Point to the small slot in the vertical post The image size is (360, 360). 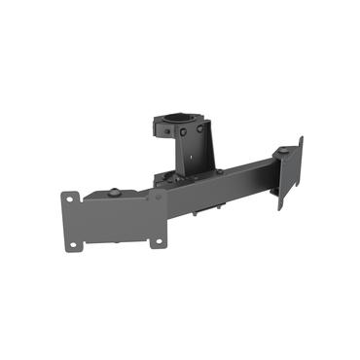tap(194, 157)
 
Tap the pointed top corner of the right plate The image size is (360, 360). tap(302, 137)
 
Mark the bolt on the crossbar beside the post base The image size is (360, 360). tap(220, 173)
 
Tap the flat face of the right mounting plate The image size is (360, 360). tap(289, 175)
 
